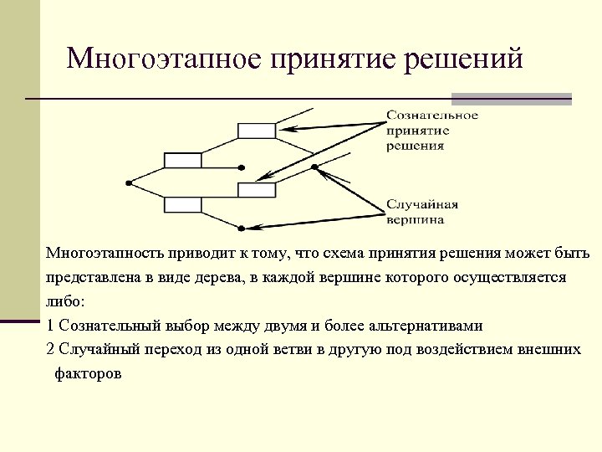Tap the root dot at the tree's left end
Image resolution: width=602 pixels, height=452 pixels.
pyautogui.click(x=127, y=182)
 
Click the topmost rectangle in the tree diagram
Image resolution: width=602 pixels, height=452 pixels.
pyautogui.click(x=257, y=130)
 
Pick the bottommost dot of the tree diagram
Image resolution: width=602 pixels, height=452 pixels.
pyautogui.click(x=241, y=228)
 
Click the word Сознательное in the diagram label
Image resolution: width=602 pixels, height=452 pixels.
pyautogui.click(x=431, y=115)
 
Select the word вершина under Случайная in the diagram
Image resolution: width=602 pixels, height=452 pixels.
pyautogui.click(x=415, y=220)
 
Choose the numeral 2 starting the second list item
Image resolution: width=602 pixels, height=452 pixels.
pyautogui.click(x=51, y=349)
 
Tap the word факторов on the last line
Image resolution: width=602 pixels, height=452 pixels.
pyautogui.click(x=88, y=373)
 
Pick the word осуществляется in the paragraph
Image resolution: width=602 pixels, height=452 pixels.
pyautogui.click(x=513, y=276)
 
